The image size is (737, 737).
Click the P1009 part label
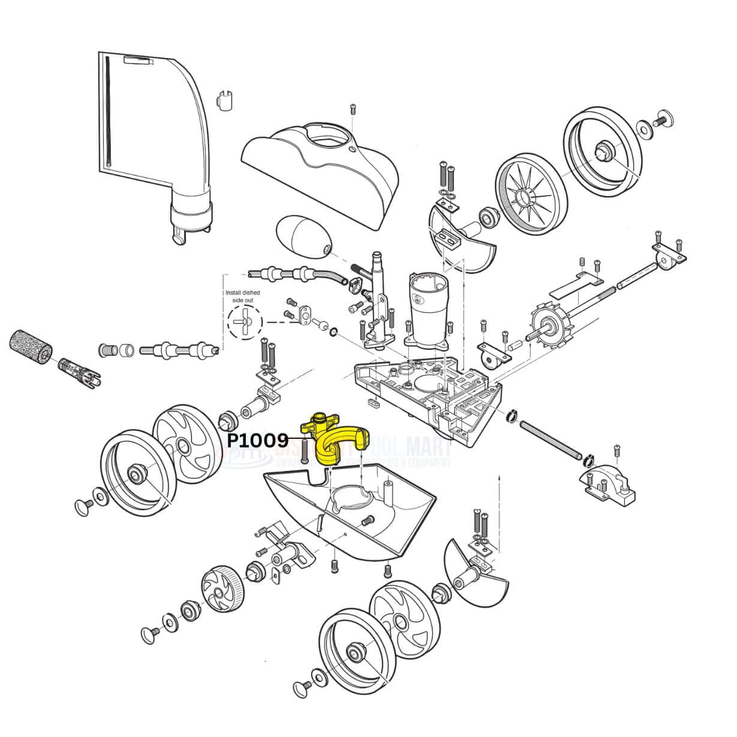click(x=257, y=440)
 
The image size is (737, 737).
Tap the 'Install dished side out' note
click(x=242, y=296)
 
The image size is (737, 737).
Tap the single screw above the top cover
click(x=353, y=110)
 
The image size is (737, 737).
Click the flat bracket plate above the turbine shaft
click(x=576, y=283)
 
